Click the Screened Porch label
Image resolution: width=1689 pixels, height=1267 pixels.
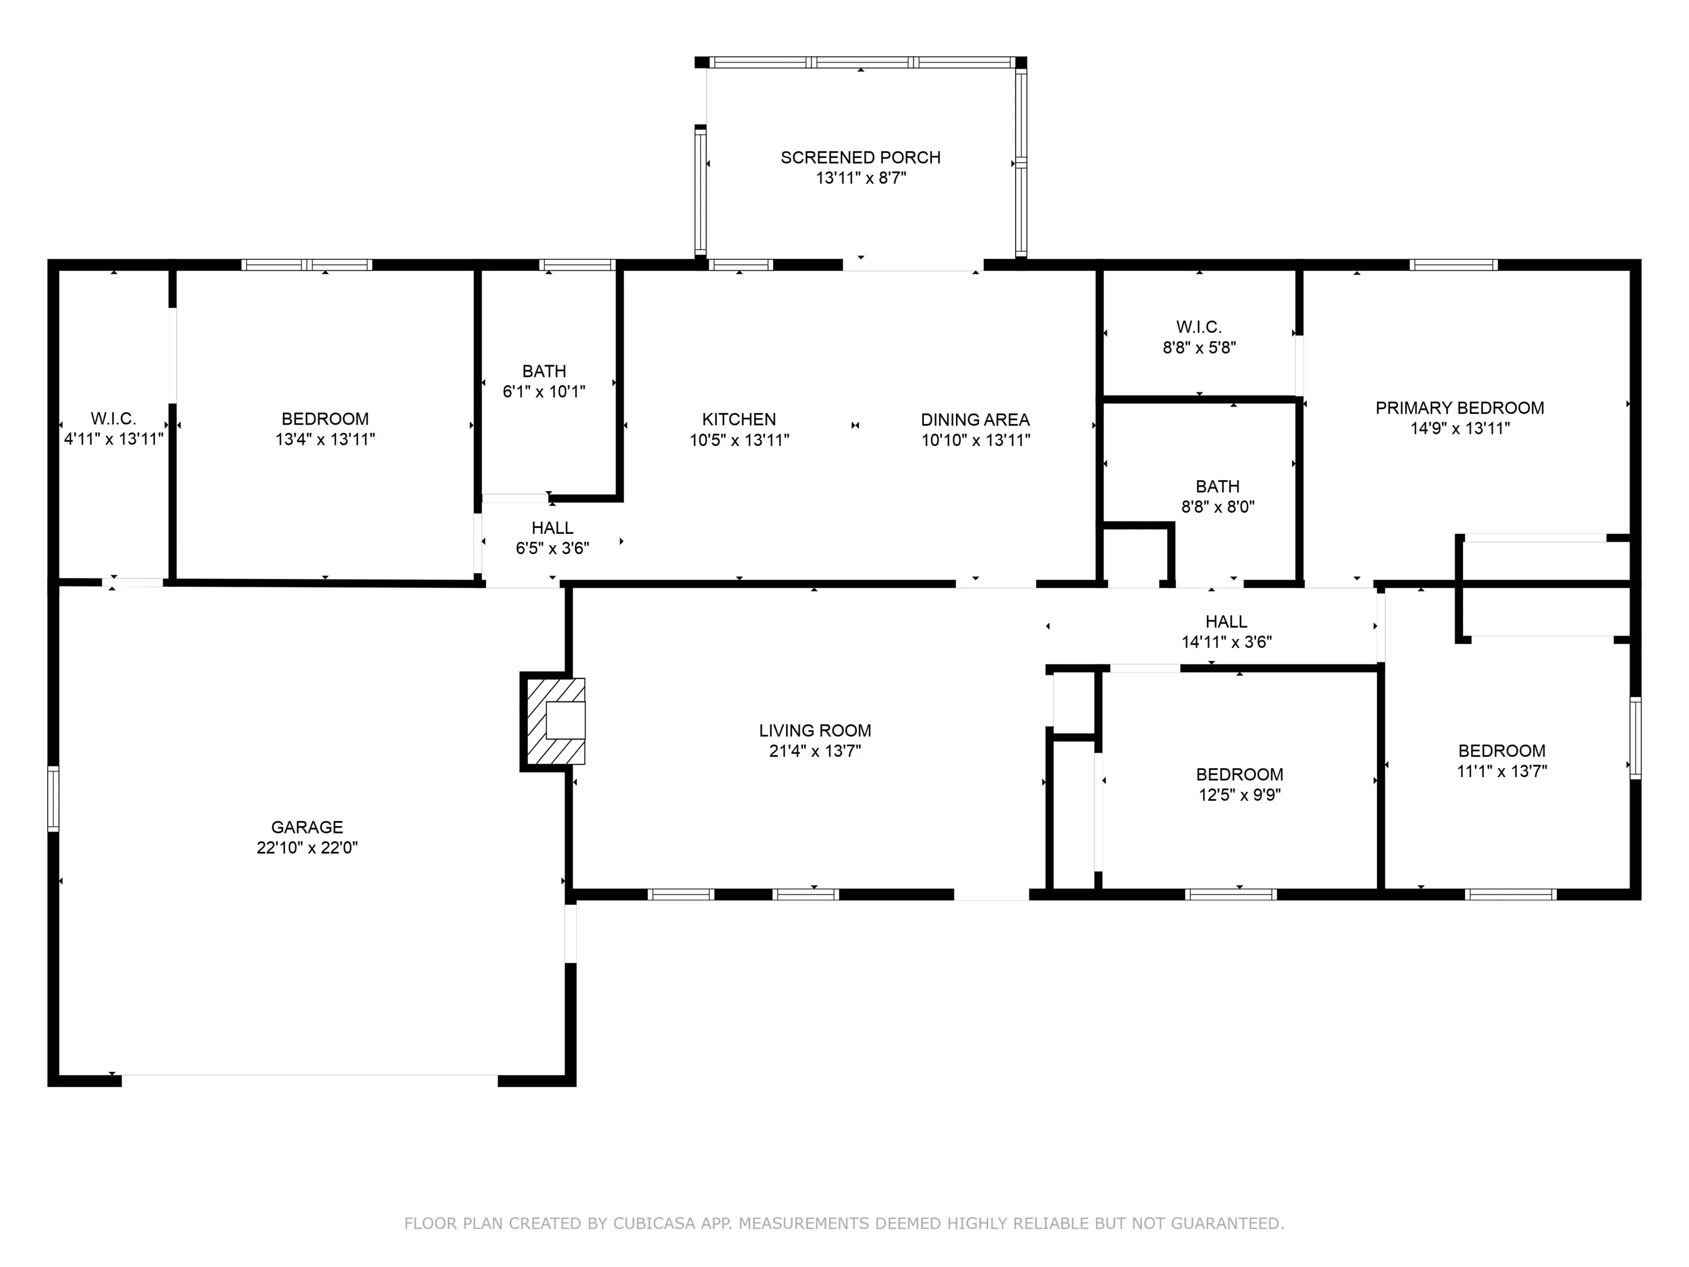point(860,157)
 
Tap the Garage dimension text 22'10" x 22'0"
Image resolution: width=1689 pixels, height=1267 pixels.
point(307,847)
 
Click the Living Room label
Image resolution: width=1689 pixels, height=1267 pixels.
point(815,730)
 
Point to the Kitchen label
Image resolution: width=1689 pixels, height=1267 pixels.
point(739,419)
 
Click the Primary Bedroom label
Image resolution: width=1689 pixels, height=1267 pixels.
point(1460,408)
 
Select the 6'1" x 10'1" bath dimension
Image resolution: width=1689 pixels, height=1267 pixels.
point(544,392)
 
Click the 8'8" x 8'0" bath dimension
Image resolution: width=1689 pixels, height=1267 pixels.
point(1218,506)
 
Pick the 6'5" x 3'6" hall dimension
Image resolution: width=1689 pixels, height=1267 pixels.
point(553,548)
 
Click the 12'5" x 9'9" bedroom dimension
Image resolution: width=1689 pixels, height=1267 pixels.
point(1240,794)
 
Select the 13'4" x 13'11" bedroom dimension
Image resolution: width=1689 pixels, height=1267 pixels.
point(325,439)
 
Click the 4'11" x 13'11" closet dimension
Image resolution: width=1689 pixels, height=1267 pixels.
point(114,439)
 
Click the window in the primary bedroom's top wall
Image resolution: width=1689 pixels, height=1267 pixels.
point(1454,265)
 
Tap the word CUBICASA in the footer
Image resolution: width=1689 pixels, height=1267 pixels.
point(654,1224)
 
